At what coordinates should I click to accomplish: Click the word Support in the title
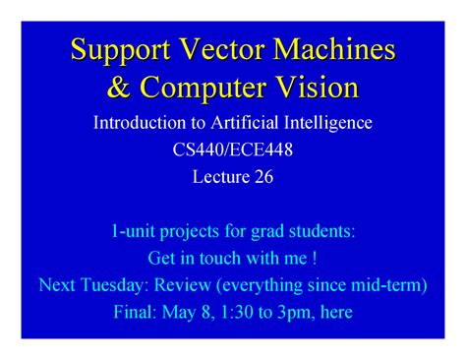[x=117, y=48]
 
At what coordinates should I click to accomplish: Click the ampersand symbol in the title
[x=118, y=88]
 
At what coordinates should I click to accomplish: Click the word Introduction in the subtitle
[x=136, y=124]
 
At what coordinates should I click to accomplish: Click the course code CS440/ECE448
[x=233, y=150]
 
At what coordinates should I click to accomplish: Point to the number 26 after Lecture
[x=262, y=177]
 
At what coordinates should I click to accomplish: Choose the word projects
[x=198, y=232]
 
